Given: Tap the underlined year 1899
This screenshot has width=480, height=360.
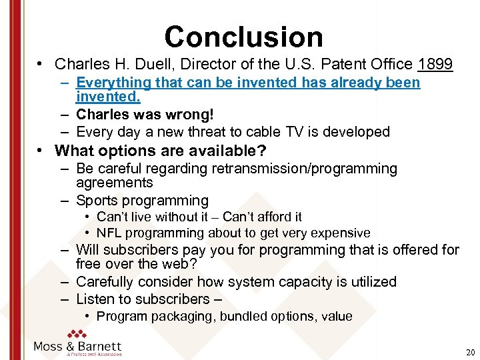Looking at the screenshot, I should pos(435,65).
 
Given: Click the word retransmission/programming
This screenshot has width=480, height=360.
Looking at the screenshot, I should pos(305,169).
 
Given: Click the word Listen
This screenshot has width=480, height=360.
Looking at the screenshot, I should pos(97,299).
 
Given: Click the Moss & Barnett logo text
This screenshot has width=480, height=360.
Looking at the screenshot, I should pos(77,346).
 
